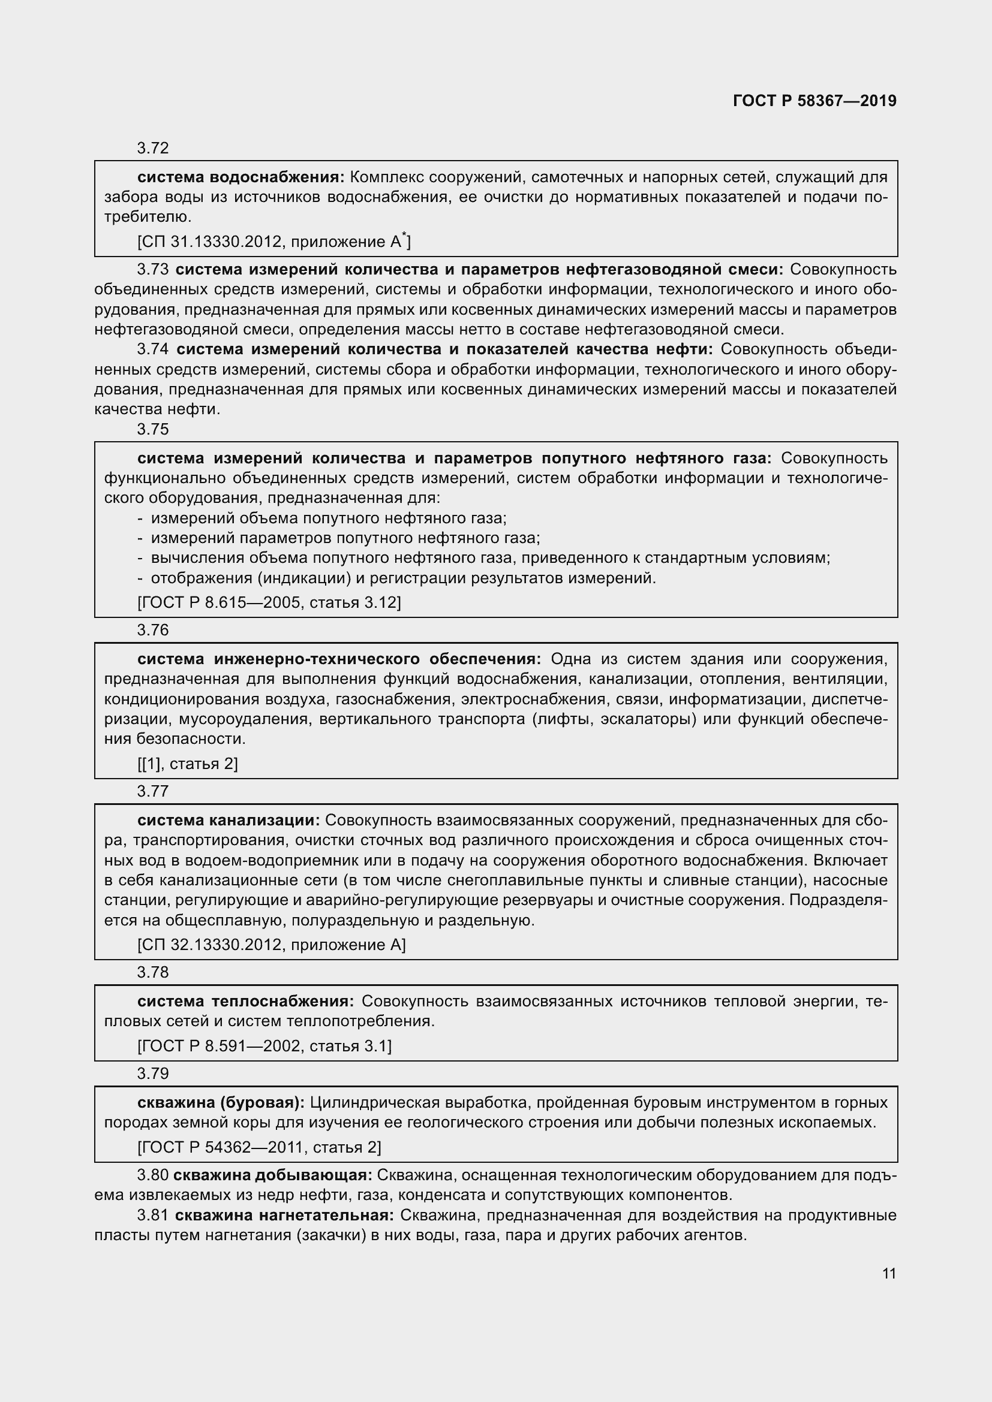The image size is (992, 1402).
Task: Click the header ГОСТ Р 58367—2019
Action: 814,101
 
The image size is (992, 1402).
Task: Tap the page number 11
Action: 889,1273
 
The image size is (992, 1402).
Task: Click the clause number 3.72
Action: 153,148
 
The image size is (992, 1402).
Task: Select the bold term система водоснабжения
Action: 241,177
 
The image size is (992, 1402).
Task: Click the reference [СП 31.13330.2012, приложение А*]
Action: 273,242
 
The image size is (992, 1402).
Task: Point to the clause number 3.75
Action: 153,429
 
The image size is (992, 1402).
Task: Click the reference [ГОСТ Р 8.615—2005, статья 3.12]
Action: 269,602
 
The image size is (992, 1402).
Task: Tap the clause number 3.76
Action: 153,630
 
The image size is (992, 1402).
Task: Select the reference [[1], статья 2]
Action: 188,764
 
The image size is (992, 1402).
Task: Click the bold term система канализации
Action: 229,820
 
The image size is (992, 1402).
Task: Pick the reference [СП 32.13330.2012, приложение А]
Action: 271,945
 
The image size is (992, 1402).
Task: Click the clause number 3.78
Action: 153,972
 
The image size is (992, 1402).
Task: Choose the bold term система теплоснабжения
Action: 245,1001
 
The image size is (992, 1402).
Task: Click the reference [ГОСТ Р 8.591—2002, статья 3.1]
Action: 264,1046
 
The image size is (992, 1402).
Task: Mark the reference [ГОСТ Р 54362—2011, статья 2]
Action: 259,1147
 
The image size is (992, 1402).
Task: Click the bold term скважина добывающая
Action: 272,1175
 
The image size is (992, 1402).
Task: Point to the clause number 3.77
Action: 153,791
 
